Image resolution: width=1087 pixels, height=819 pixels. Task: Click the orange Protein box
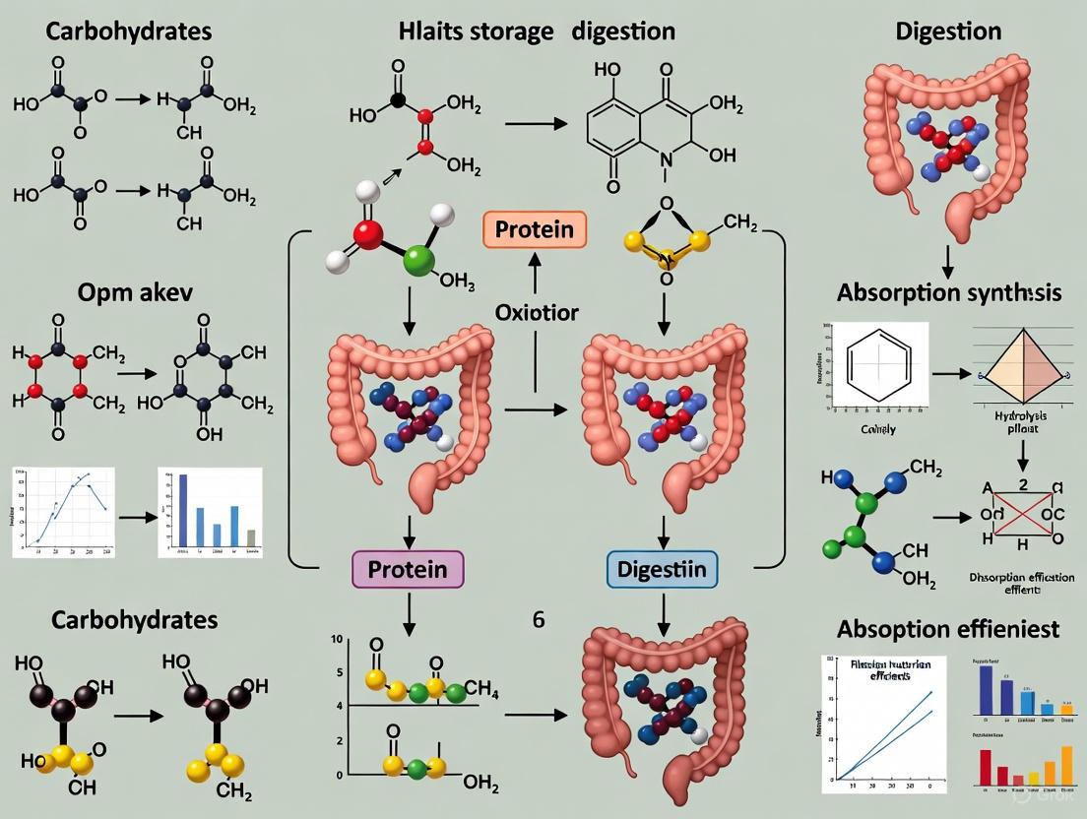coord(535,229)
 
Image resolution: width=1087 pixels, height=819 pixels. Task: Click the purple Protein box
coord(407,569)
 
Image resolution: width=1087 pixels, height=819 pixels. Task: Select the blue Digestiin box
coord(661,569)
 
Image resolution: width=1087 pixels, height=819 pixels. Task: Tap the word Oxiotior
coord(537,312)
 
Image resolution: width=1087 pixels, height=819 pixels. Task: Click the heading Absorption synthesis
coord(949,292)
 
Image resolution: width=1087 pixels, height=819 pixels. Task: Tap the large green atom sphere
coord(418,260)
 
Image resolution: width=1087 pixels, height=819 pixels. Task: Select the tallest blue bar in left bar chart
coord(182,510)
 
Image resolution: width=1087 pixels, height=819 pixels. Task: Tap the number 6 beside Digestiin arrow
coord(539,620)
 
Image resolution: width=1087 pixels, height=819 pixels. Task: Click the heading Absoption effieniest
coord(947,628)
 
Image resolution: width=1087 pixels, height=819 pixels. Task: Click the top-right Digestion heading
coord(948,31)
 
